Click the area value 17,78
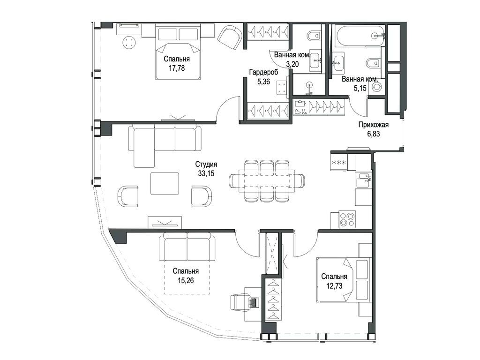(177, 68)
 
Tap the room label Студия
(206, 165)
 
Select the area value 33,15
(206, 173)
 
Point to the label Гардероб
(263, 73)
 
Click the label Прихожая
(373, 125)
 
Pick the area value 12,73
(334, 286)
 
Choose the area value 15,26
(186, 280)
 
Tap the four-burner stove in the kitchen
(347, 219)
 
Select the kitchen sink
(363, 180)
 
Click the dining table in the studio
(267, 181)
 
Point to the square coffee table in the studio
(165, 183)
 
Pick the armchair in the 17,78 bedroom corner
(230, 37)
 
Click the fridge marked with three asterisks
(339, 162)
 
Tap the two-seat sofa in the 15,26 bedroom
(187, 247)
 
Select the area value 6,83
(373, 134)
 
